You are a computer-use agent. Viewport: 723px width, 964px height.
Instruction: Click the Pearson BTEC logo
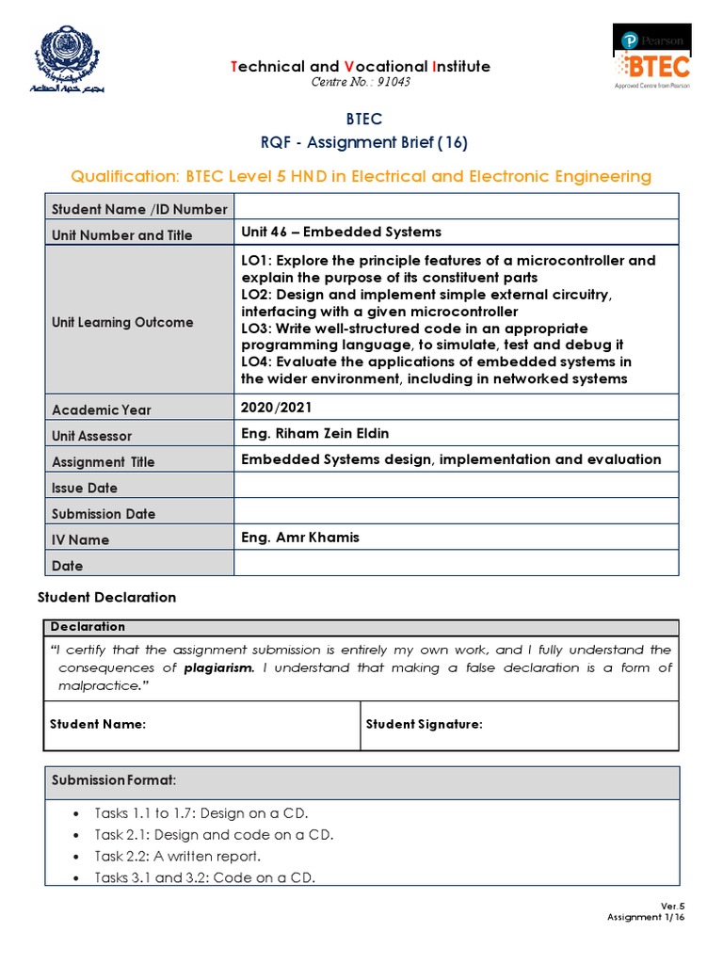652,57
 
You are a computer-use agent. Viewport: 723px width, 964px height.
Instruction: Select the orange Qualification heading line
361,176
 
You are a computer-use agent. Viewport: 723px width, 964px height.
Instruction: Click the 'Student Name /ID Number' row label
139,209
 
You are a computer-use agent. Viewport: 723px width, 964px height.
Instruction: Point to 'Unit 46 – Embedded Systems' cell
341,232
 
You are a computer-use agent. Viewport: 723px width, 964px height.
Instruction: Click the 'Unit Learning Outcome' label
122,322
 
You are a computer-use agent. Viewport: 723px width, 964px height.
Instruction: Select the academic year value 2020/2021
276,407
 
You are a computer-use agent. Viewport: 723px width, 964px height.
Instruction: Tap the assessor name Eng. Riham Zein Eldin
314,433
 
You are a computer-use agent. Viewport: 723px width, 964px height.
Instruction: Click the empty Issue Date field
456,485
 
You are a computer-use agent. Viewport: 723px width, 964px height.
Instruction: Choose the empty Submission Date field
456,511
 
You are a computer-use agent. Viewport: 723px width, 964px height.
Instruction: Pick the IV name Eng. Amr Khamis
300,537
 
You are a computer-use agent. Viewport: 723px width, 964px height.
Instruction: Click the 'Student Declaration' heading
106,597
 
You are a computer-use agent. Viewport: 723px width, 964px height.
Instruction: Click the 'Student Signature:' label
424,724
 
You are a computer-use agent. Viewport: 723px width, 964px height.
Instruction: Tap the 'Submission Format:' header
114,780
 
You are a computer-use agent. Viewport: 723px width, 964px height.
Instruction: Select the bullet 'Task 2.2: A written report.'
178,857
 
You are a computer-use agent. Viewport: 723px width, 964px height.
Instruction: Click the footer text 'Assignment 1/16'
645,916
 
